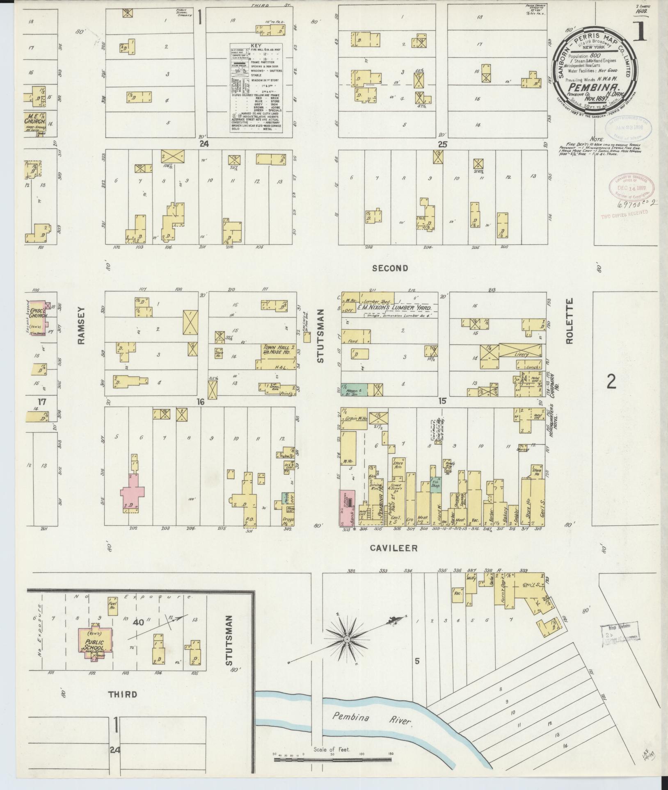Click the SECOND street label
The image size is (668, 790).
pos(390,268)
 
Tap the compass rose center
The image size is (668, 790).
pos(347,639)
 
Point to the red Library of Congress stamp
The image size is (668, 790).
pos(631,188)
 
